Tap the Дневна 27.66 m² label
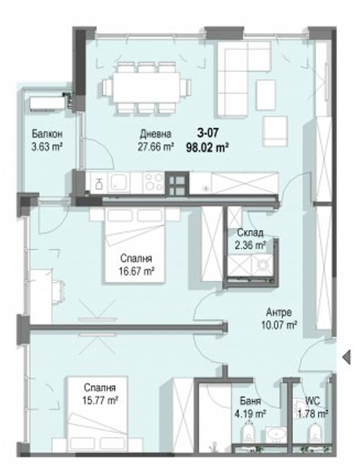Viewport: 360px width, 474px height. click(156, 140)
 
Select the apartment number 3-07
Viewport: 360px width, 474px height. click(207, 133)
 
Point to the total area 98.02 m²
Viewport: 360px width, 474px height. click(207, 148)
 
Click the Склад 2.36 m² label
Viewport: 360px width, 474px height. click(251, 239)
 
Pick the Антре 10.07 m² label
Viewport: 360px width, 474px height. click(279, 318)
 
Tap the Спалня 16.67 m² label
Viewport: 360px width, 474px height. click(136, 265)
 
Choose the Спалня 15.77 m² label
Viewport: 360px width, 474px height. click(100, 394)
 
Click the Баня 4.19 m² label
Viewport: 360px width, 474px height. click(251, 407)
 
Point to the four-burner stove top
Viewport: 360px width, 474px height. click(154, 181)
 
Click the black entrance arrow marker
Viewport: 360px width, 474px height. click(347, 357)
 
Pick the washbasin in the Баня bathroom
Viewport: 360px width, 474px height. click(275, 435)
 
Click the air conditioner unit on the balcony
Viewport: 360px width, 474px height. click(47, 103)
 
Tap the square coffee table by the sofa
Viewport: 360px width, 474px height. click(266, 94)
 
